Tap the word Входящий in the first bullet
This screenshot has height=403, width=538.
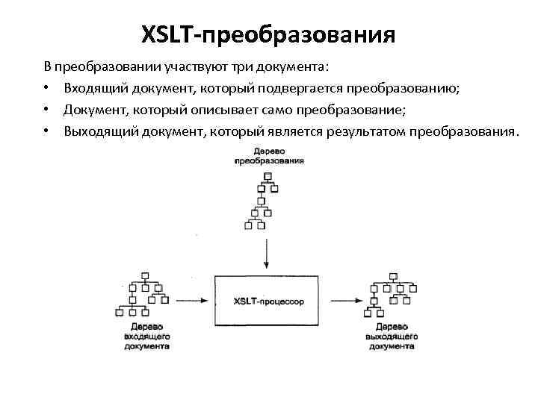click(92, 90)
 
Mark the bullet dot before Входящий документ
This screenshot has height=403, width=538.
click(46, 90)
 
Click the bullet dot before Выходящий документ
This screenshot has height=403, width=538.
click(46, 132)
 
